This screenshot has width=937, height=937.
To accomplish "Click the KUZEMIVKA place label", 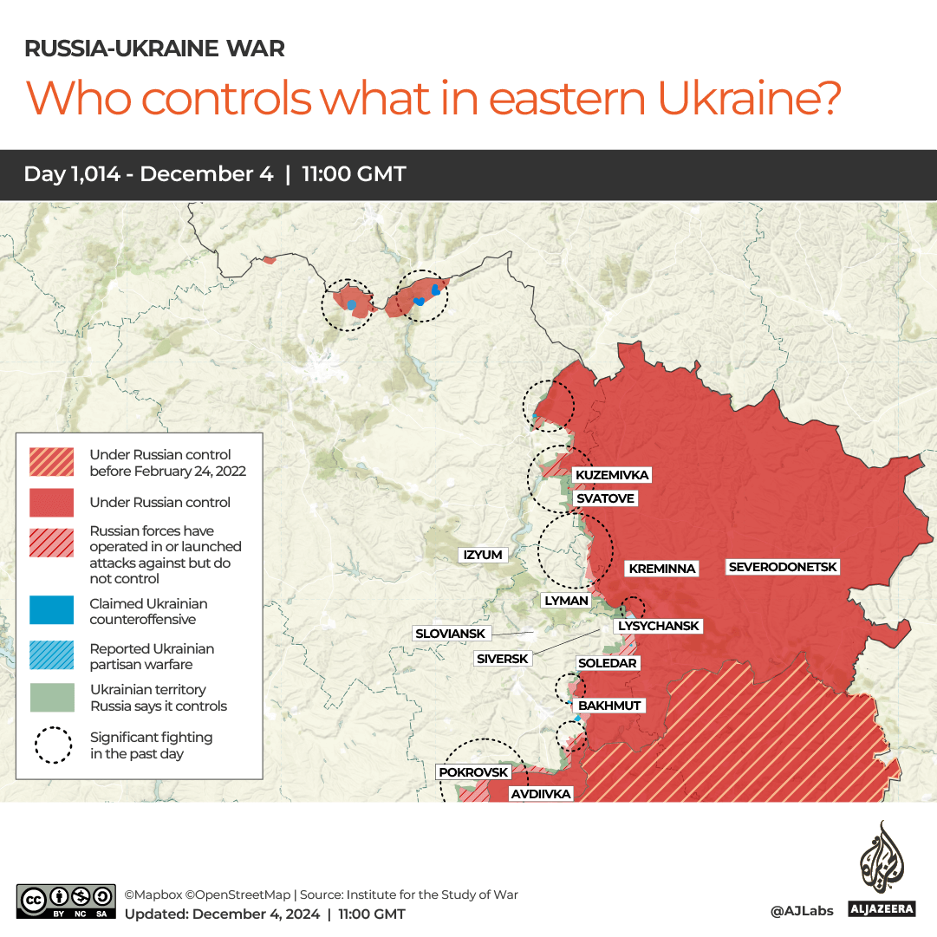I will tap(611, 475).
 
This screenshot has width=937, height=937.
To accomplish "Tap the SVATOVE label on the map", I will tap(605, 498).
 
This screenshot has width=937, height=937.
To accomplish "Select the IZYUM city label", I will tap(483, 555).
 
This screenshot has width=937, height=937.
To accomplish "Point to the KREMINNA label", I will tap(661, 569).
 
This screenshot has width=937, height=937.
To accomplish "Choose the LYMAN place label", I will tap(566, 600).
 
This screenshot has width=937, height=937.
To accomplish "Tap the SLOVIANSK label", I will tap(451, 634).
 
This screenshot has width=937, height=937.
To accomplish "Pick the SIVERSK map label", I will tap(503, 659).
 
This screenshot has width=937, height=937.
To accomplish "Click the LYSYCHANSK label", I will tap(657, 626).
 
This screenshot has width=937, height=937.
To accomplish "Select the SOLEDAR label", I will tap(607, 663).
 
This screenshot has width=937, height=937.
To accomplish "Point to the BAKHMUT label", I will tap(609, 706).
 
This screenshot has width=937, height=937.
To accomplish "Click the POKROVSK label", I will tap(473, 771).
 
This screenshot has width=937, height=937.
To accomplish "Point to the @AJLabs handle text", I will tap(801, 910).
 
